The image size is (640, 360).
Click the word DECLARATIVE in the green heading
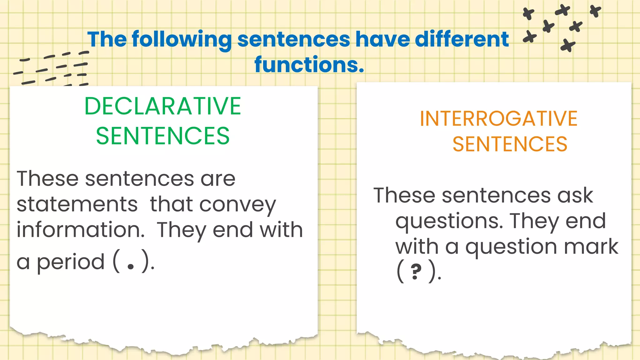(162, 106)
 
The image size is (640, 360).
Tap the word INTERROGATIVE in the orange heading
(498, 119)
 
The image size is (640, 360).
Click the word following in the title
(182, 40)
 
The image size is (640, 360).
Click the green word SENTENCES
(162, 136)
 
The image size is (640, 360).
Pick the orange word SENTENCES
(510, 144)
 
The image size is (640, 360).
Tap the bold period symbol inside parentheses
(131, 266)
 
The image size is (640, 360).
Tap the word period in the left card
(71, 262)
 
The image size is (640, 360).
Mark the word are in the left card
(218, 179)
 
